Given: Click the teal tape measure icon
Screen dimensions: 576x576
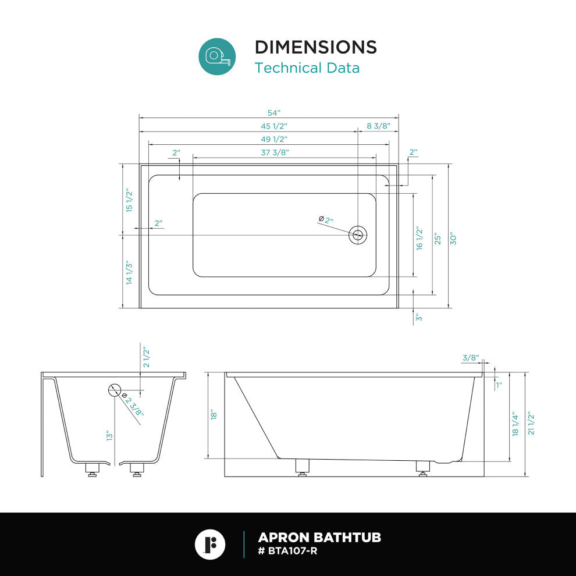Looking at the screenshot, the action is pyautogui.click(x=217, y=56).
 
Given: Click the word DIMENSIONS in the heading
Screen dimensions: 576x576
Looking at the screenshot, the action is pyautogui.click(x=316, y=47).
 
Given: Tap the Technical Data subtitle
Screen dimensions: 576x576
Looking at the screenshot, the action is pyautogui.click(x=307, y=68).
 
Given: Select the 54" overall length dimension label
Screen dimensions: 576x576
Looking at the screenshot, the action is pyautogui.click(x=274, y=113).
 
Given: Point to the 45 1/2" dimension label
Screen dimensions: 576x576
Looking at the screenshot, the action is pyautogui.click(x=274, y=126).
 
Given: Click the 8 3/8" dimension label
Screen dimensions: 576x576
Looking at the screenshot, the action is pyautogui.click(x=378, y=126).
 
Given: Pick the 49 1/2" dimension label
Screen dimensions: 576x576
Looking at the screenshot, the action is pyautogui.click(x=274, y=139).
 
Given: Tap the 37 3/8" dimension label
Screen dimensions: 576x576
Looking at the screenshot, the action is pyautogui.click(x=275, y=152).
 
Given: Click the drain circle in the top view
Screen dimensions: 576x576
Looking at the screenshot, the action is pyautogui.click(x=358, y=235).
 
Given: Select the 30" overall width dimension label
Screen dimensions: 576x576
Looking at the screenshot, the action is pyautogui.click(x=453, y=239).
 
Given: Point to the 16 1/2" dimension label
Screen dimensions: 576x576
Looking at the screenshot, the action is pyautogui.click(x=419, y=239).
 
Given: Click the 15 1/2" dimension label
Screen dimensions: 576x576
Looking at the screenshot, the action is pyautogui.click(x=129, y=200).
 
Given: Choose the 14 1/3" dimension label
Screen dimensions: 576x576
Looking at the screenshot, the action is pyautogui.click(x=129, y=272).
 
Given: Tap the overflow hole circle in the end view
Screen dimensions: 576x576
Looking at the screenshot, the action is pyautogui.click(x=115, y=390).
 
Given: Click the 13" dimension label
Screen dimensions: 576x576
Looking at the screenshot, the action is pyautogui.click(x=109, y=436).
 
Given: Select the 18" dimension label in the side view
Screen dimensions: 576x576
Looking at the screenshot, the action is pyautogui.click(x=214, y=415).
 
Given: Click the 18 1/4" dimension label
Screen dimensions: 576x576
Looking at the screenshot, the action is pyautogui.click(x=515, y=424).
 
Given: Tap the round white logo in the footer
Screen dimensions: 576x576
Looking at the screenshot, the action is pyautogui.click(x=210, y=545).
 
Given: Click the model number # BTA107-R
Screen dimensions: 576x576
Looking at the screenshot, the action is pyautogui.click(x=287, y=551).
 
